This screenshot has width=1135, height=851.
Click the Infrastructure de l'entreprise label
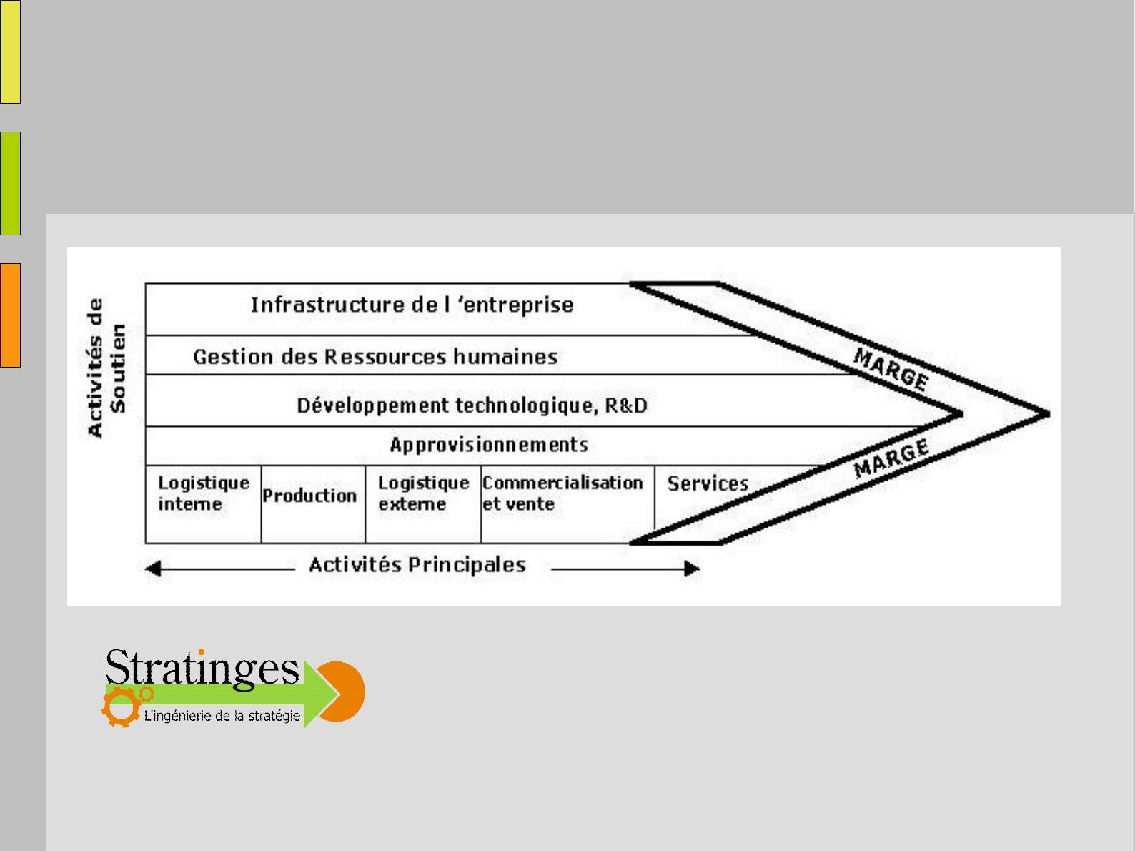click(412, 305)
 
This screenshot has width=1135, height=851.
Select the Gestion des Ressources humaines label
click(375, 357)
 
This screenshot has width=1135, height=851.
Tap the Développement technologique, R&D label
click(472, 405)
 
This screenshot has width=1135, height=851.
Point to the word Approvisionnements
click(489, 445)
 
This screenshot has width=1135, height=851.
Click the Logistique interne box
click(203, 504)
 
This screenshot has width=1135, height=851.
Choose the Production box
click(313, 504)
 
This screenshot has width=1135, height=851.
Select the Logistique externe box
click(424, 504)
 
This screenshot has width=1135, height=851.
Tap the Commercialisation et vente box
click(567, 504)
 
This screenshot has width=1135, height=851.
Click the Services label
click(708, 483)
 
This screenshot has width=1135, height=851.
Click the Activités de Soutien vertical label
click(106, 368)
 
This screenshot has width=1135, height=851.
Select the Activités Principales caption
click(417, 565)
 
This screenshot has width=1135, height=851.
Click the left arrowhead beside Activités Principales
click(153, 569)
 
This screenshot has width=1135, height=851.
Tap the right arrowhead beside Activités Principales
click(692, 569)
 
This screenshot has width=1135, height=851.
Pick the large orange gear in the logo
click(122, 707)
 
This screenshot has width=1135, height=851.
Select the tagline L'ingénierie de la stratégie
click(222, 716)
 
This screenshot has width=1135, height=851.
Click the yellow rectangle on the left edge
click(10, 51)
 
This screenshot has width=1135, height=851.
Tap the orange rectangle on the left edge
click(10, 315)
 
